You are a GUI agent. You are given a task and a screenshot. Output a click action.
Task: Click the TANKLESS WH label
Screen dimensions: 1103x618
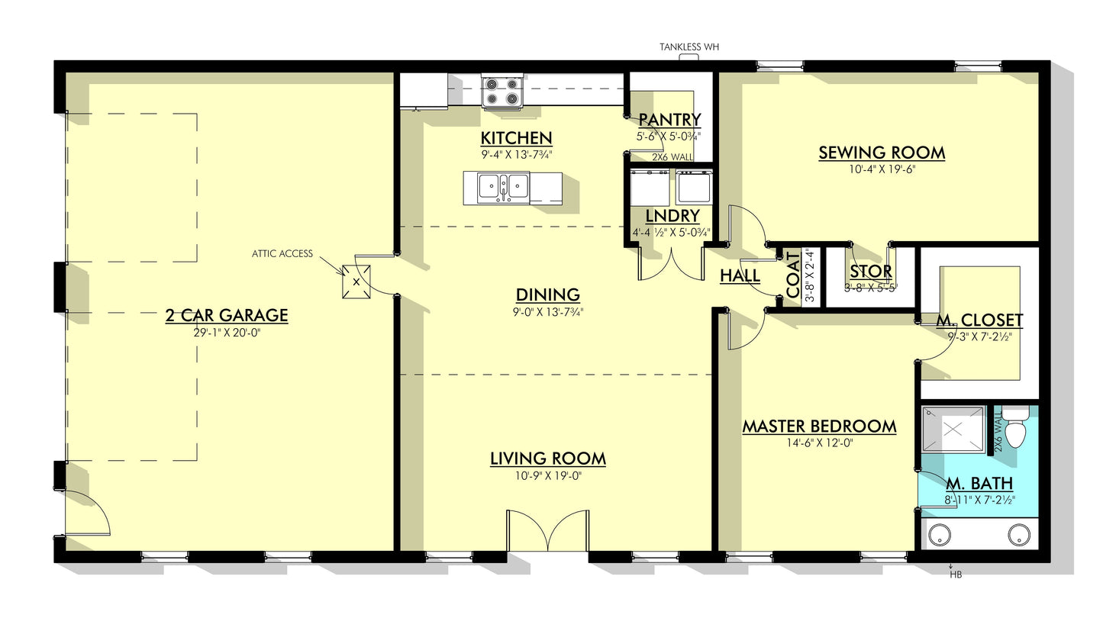pyautogui.click(x=689, y=47)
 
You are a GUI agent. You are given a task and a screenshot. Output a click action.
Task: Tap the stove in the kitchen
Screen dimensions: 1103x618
pyautogui.click(x=502, y=92)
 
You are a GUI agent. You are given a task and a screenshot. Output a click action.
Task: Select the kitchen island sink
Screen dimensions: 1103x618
pyautogui.click(x=503, y=188)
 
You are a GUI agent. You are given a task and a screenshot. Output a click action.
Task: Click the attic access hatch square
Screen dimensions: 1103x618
pyautogui.click(x=356, y=282)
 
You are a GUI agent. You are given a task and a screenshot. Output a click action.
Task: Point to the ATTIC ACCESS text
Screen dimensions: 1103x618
pyautogui.click(x=282, y=253)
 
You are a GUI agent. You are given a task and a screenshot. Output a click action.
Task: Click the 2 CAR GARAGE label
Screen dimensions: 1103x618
pyautogui.click(x=227, y=315)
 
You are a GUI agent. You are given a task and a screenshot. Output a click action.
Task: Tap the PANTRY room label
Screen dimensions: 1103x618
pyautogui.click(x=669, y=120)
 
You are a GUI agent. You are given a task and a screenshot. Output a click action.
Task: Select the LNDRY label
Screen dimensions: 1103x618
pyautogui.click(x=672, y=216)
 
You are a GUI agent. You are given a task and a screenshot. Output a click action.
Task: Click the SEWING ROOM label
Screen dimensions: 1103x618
pyautogui.click(x=882, y=153)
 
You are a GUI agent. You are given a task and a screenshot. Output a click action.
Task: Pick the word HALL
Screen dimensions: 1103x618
pyautogui.click(x=740, y=276)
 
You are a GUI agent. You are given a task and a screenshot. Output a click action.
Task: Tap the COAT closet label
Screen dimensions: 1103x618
pyautogui.click(x=793, y=275)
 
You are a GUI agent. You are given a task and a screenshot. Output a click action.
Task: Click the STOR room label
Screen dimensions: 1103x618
pyautogui.click(x=871, y=272)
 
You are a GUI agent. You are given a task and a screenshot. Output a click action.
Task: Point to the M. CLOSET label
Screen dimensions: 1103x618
pyautogui.click(x=979, y=320)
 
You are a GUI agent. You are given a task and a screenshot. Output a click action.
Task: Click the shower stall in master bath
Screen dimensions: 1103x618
pyautogui.click(x=953, y=429)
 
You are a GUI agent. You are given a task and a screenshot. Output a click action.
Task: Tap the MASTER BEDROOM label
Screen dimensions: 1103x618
pyautogui.click(x=819, y=426)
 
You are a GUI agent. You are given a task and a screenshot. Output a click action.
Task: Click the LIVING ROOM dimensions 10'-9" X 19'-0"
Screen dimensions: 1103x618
pyautogui.click(x=547, y=476)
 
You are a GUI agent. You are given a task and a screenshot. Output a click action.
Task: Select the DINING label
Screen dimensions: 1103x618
pyautogui.click(x=547, y=295)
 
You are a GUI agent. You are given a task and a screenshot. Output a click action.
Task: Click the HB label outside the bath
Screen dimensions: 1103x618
pyautogui.click(x=955, y=575)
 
